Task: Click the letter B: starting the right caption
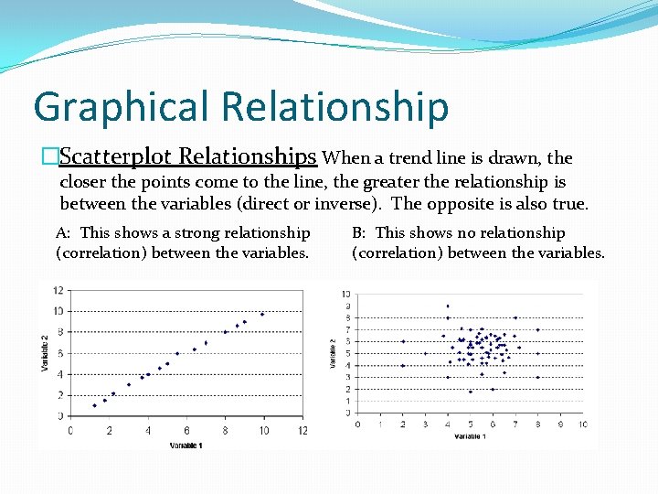(x=360, y=233)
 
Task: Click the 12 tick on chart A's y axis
(x=58, y=290)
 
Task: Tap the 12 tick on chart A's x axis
(x=302, y=431)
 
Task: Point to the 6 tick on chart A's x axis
(x=187, y=431)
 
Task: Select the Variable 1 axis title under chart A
(x=187, y=446)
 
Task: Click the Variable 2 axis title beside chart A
(x=45, y=353)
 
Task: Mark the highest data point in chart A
(x=262, y=314)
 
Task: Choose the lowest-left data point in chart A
(x=94, y=405)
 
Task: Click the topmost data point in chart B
(x=448, y=306)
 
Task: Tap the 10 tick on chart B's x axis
(x=582, y=424)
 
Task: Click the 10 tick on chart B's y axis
(x=345, y=295)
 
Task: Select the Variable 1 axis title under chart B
(x=469, y=436)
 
